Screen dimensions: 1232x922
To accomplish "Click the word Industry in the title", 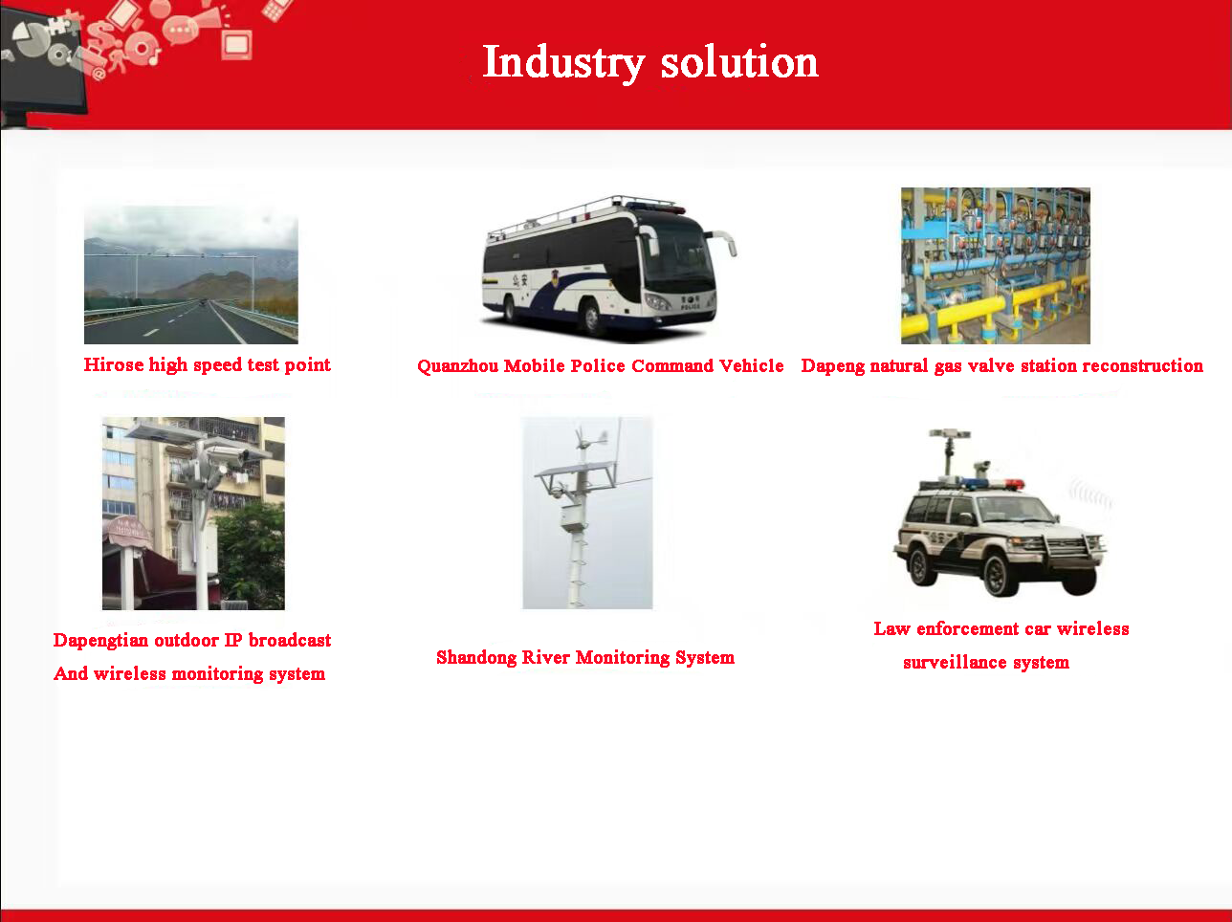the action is tap(563, 63).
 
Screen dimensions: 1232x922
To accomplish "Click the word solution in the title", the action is tap(739, 62).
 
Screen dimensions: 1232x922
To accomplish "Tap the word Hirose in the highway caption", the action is tap(114, 364).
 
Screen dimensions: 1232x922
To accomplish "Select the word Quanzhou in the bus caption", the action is tap(457, 366).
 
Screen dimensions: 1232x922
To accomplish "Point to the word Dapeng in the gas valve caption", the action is tap(833, 366).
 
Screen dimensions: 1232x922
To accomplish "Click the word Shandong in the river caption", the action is tap(476, 658).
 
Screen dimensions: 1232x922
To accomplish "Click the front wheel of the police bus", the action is tap(591, 318).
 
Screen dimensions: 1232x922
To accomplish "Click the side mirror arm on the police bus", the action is tap(723, 241).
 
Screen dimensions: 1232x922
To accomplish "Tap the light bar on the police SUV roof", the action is tap(994, 483).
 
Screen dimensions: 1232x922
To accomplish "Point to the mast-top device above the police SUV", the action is tap(950, 434).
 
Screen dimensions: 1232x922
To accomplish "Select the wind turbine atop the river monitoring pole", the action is tap(590, 441).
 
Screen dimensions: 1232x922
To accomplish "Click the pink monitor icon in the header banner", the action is tap(236, 46).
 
